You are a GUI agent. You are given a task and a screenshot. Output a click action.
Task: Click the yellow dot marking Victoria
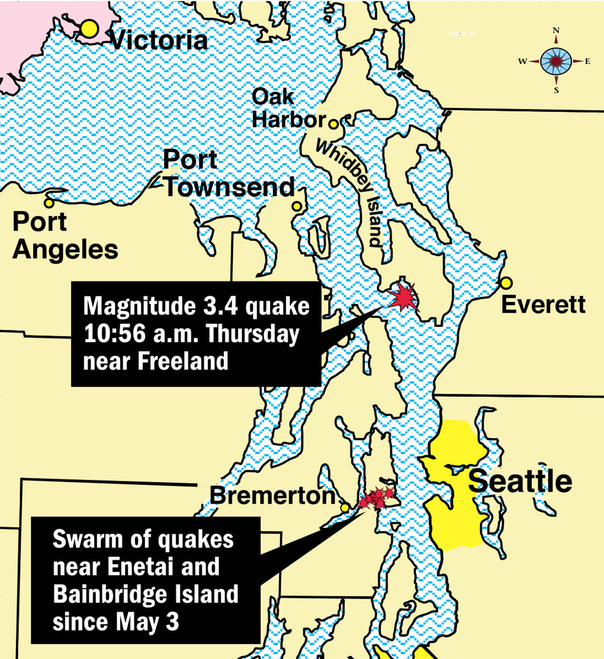[x=89, y=29]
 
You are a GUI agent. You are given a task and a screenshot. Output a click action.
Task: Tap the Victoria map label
[x=159, y=41]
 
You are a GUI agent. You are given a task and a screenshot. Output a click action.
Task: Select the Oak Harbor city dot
[x=333, y=125]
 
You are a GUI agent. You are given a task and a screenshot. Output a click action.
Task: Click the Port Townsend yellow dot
[x=297, y=206]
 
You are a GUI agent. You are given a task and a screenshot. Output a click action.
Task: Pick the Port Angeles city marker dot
[x=49, y=203]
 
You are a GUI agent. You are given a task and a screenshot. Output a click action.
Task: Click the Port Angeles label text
[x=65, y=236]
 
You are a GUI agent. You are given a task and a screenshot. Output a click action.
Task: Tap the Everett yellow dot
[x=506, y=283]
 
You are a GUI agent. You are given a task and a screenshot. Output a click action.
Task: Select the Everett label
[x=543, y=304]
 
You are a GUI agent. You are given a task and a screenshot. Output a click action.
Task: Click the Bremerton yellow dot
[x=345, y=508]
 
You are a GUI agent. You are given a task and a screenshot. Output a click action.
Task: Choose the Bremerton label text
[x=272, y=495]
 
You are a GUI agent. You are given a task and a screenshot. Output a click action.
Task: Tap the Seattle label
[x=520, y=481]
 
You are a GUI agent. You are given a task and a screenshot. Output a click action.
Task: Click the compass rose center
[x=556, y=61]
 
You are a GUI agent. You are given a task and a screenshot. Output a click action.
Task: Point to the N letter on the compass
[x=556, y=31]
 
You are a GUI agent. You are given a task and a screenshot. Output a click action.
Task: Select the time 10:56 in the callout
[x=115, y=334]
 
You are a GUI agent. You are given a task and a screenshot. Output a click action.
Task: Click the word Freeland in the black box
[x=183, y=361]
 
